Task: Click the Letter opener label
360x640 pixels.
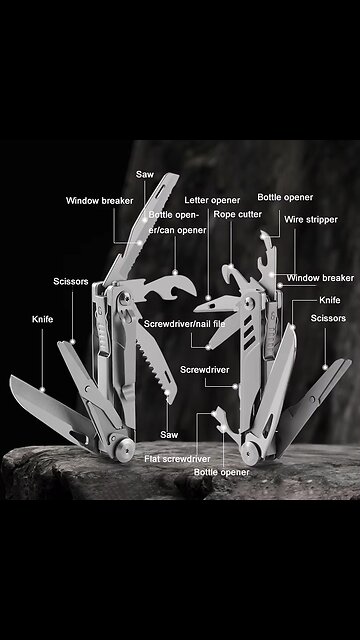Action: pos(212,200)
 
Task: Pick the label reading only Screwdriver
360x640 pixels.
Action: pos(205,369)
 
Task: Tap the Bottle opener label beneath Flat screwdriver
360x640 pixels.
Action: pos(222,471)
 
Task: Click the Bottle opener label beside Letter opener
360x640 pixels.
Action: pos(285,198)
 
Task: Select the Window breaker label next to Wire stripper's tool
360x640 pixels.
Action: pos(320,278)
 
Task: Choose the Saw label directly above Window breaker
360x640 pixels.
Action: pos(145,174)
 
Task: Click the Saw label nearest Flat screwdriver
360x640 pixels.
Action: pos(169,434)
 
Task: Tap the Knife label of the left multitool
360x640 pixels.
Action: pos(42,318)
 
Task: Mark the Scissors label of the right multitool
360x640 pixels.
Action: pos(328,318)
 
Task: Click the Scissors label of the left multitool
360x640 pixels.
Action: pos(70,282)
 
